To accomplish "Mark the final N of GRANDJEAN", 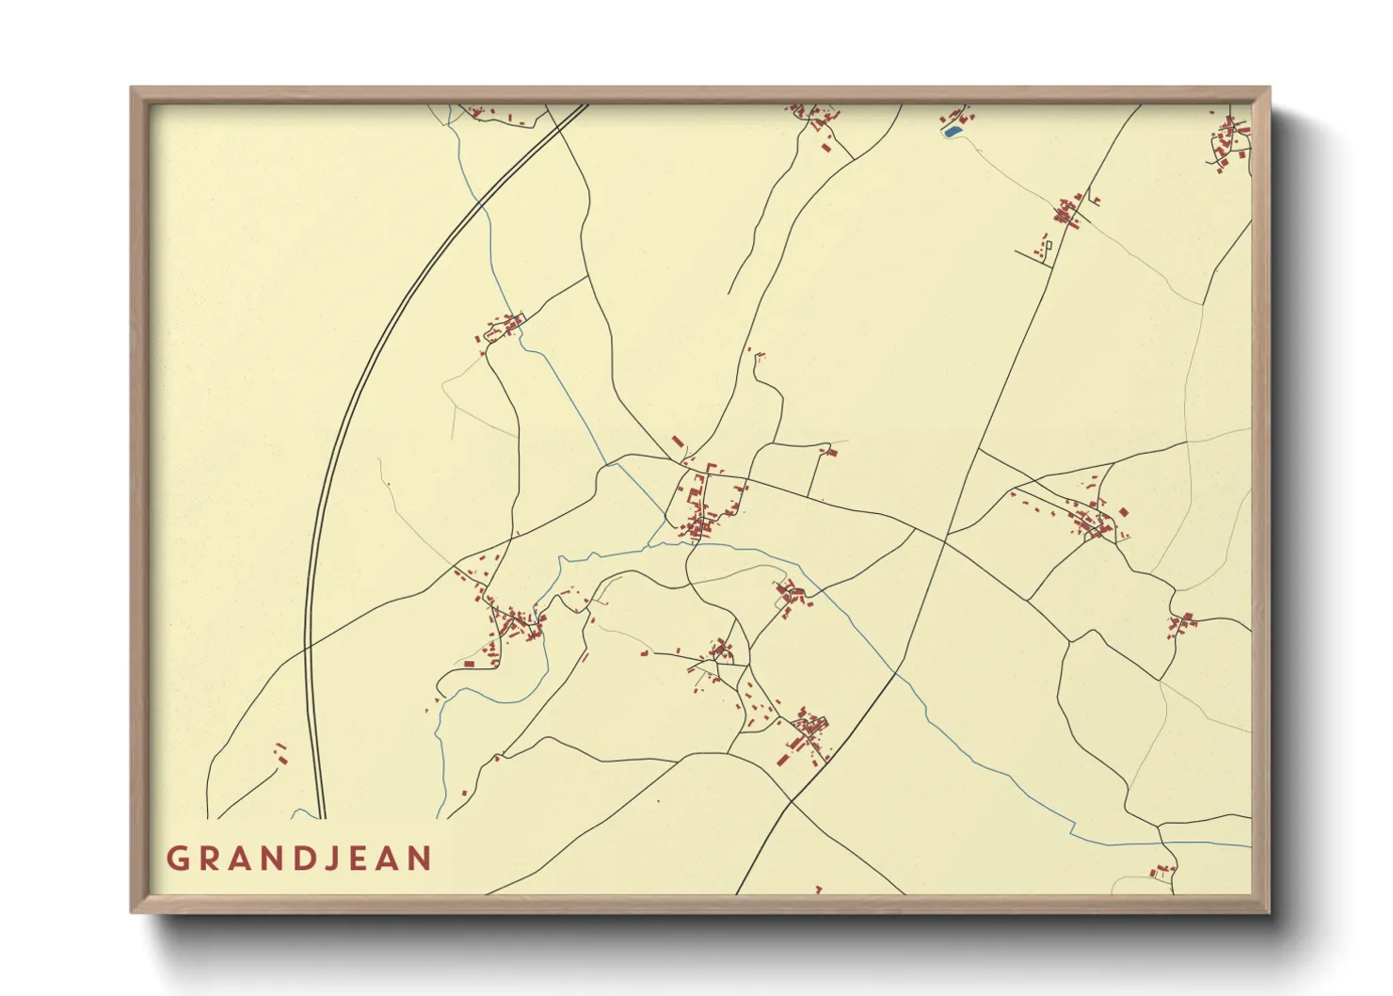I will click(x=420, y=859).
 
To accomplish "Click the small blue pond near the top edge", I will click(x=952, y=132).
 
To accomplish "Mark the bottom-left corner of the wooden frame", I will click(x=134, y=910).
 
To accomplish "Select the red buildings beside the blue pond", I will click(x=960, y=117).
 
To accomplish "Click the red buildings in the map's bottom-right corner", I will click(x=1163, y=872).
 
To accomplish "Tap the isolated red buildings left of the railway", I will click(x=280, y=753).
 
